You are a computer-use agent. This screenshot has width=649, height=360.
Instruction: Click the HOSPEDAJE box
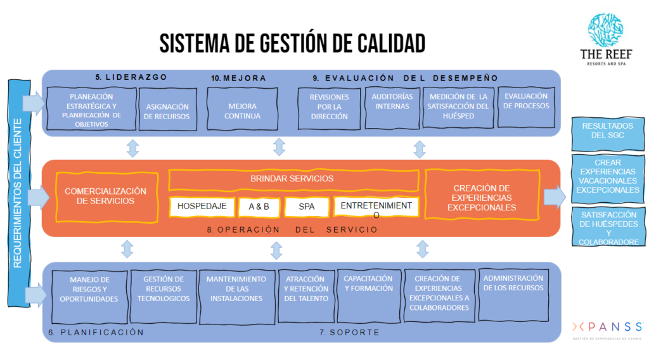pyautogui.click(x=201, y=206)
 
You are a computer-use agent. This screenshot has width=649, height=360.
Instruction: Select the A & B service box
pyautogui.click(x=255, y=207)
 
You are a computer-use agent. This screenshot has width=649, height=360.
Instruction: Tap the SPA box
pyautogui.click(x=307, y=207)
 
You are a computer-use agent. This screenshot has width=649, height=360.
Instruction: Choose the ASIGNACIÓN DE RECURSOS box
pyautogui.click(x=167, y=112)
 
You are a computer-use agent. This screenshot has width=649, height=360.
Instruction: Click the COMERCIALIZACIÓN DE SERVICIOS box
pyautogui.click(x=106, y=196)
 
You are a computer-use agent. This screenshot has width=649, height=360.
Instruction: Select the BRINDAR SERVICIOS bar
pyautogui.click(x=293, y=179)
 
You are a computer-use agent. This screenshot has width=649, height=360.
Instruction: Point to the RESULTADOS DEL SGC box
pyautogui.click(x=607, y=131)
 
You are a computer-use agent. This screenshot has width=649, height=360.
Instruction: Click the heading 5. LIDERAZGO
pyautogui.click(x=131, y=77)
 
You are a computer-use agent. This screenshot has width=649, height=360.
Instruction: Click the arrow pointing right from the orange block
pyautogui.click(x=555, y=196)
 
